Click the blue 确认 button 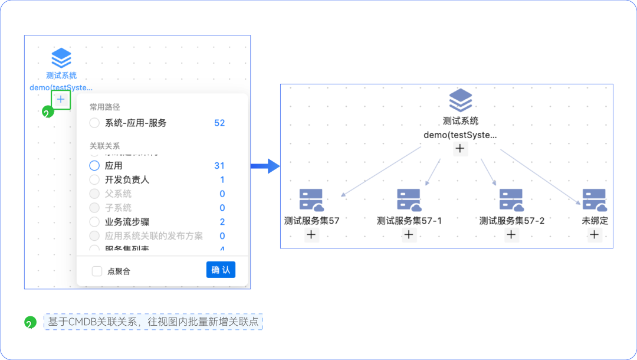(x=221, y=270)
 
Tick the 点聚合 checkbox (x=97, y=271)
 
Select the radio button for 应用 (x=94, y=166)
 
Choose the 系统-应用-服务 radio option (x=94, y=123)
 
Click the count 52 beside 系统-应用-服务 (x=219, y=123)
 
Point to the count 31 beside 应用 (x=219, y=166)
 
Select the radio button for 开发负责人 (x=94, y=179)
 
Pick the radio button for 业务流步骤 (x=94, y=222)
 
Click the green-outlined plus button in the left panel (x=61, y=100)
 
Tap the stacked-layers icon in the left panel (x=61, y=58)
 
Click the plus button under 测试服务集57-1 (x=409, y=235)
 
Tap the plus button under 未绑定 (x=594, y=235)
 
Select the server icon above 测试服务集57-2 (x=511, y=200)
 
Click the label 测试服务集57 (x=311, y=221)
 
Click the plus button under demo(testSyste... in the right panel (x=460, y=149)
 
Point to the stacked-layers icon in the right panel (x=460, y=100)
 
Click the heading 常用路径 (x=104, y=107)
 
